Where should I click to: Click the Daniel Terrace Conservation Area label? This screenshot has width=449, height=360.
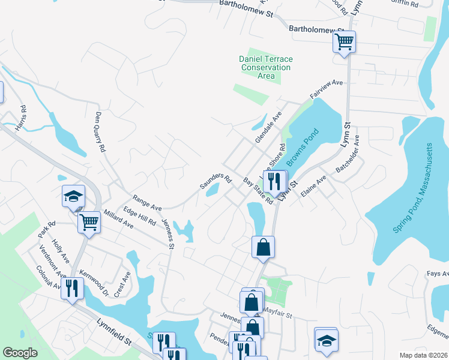pyautogui.click(x=266, y=67)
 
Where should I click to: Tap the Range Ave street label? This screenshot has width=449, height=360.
pyautogui.click(x=148, y=202)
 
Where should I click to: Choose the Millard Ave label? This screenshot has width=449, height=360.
pyautogui.click(x=118, y=220)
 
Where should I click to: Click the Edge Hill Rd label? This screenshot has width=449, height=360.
pyautogui.click(x=139, y=216)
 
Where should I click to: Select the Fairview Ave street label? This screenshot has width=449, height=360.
pyautogui.click(x=326, y=90)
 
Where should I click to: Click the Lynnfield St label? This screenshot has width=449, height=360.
pyautogui.click(x=114, y=331)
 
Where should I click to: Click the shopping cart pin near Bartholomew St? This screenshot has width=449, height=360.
pyautogui.click(x=345, y=41)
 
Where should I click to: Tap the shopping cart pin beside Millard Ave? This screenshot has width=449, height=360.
pyautogui.click(x=89, y=222)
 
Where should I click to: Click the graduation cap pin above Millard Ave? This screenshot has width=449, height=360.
pyautogui.click(x=74, y=196)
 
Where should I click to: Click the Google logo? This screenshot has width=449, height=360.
pyautogui.click(x=20, y=353)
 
